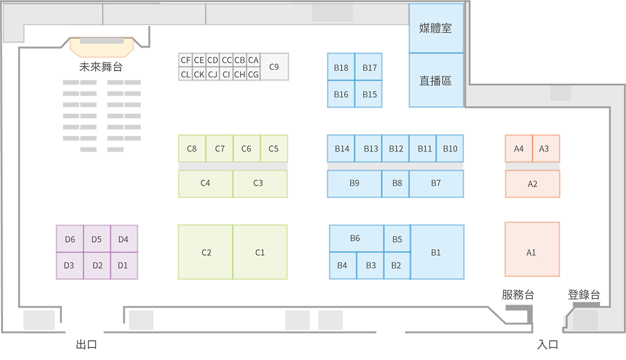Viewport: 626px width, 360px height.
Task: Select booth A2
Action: (532, 184)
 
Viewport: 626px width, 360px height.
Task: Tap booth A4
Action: (518, 149)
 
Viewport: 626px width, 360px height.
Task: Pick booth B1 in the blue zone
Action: (436, 252)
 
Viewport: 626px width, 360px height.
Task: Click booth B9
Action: (354, 183)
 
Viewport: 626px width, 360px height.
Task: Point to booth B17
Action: (370, 67)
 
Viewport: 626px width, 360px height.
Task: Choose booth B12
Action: (395, 149)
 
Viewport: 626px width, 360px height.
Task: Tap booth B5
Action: (397, 239)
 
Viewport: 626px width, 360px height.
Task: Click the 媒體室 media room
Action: (436, 28)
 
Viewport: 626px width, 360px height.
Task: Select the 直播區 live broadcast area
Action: (436, 80)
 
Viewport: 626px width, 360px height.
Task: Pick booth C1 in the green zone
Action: (259, 252)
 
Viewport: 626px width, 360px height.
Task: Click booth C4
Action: (205, 183)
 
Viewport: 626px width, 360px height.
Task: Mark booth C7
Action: (220, 149)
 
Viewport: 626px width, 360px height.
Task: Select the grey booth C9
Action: (274, 67)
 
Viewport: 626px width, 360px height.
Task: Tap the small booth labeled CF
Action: (185, 60)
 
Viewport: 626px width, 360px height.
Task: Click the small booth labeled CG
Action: (253, 74)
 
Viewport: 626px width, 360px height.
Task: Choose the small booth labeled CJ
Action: (212, 74)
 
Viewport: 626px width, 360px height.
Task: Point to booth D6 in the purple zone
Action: (70, 240)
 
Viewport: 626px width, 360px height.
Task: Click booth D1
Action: (123, 265)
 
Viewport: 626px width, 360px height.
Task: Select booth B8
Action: (397, 183)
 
